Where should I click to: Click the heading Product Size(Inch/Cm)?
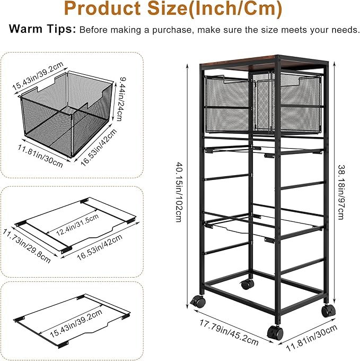[x=180, y=10]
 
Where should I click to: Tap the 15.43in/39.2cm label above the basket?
[x=38, y=74]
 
